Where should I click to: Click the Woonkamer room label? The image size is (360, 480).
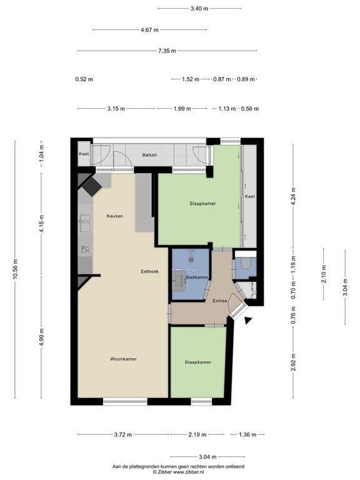click(123, 359)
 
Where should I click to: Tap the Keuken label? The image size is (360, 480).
click(114, 216)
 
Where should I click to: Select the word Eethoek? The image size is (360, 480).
click(151, 271)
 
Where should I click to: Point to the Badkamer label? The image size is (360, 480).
click(196, 277)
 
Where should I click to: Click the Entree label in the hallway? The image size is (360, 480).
click(220, 301)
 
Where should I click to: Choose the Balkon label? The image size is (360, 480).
click(149, 154)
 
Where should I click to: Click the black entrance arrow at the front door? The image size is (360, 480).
click(249, 321)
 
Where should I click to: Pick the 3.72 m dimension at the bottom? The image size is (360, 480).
click(122, 435)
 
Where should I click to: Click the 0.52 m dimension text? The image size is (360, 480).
click(84, 79)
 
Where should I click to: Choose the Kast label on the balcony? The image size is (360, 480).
click(84, 154)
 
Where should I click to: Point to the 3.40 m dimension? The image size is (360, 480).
click(199, 9)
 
